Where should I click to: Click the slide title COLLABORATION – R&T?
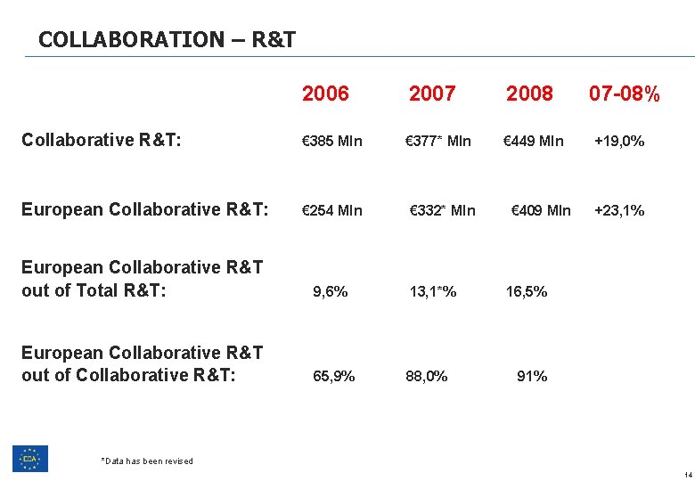click(168, 39)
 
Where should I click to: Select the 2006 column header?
click(325, 94)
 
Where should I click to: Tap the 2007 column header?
click(432, 94)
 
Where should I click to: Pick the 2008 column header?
click(529, 94)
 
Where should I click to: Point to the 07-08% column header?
click(625, 94)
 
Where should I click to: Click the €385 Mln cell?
click(332, 141)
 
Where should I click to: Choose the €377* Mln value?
click(438, 141)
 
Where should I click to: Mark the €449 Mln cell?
click(534, 141)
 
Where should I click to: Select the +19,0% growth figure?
click(619, 141)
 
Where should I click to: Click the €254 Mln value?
click(332, 211)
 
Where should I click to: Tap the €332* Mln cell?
click(442, 211)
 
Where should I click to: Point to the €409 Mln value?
click(541, 211)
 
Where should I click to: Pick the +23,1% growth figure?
click(619, 211)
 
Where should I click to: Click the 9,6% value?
click(331, 291)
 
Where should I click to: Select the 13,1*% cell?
click(433, 291)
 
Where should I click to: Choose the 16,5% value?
click(527, 291)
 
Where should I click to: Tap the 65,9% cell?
click(334, 376)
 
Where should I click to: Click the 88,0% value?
click(427, 376)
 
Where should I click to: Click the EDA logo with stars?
click(30, 458)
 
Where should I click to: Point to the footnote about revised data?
click(147, 461)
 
